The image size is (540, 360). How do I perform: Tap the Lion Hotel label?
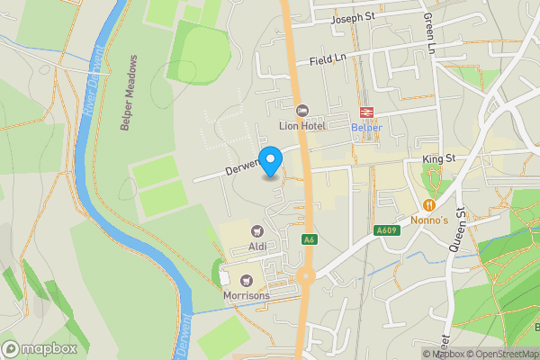[301, 126]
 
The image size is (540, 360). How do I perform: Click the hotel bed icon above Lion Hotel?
[301, 110]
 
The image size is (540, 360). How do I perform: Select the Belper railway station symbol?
[366, 112]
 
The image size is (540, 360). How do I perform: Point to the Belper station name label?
[366, 127]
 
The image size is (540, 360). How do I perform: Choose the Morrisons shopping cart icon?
[245, 279]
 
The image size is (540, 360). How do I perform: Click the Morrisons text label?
[245, 295]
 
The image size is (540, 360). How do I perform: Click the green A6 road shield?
[309, 239]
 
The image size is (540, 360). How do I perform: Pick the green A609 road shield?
[386, 230]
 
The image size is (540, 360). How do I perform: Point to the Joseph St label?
[353, 18]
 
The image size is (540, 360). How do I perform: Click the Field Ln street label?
[328, 59]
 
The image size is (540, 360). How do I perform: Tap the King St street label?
[440, 159]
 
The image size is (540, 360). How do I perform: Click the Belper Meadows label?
[132, 94]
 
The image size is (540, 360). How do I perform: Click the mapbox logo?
[40, 348]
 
